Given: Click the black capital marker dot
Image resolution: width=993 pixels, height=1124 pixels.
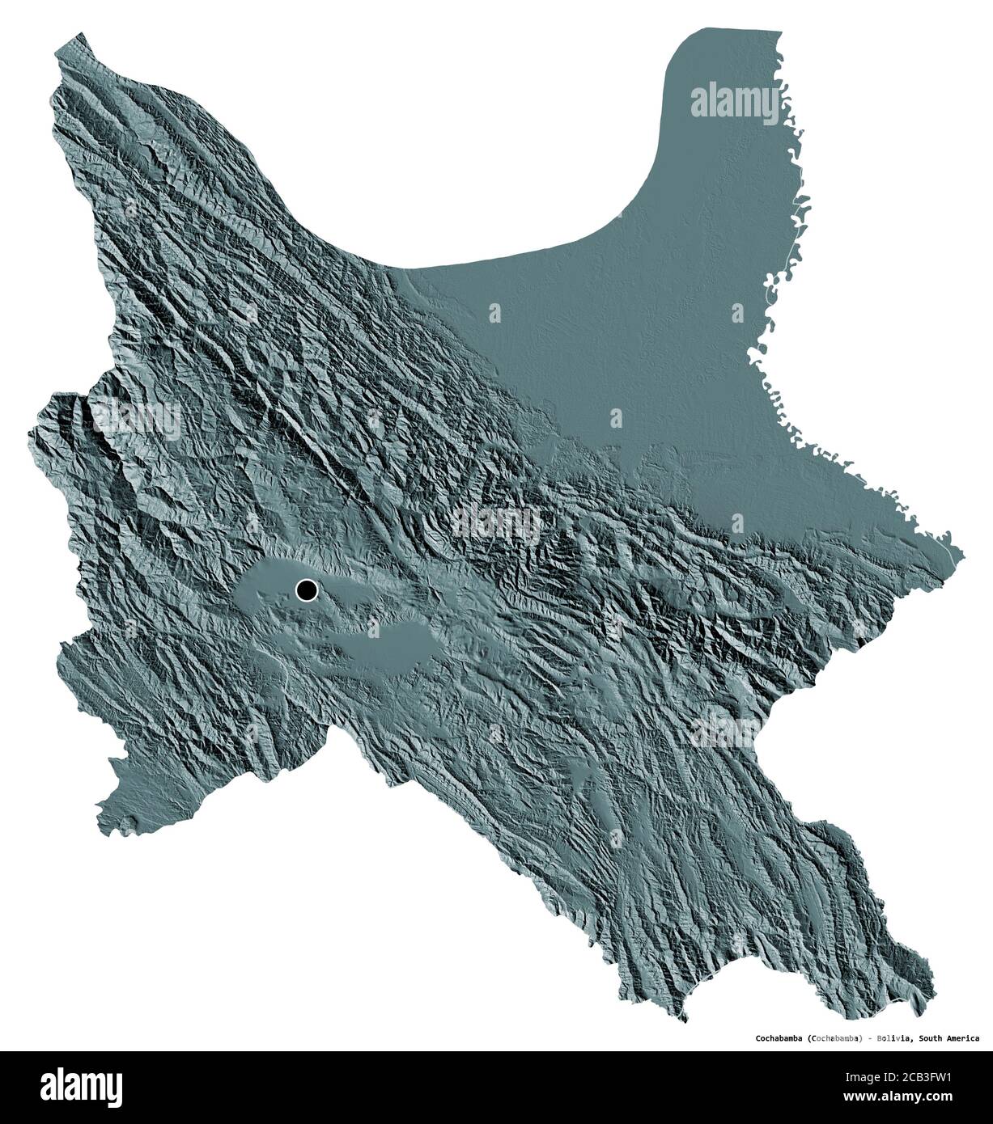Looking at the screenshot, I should (307, 591).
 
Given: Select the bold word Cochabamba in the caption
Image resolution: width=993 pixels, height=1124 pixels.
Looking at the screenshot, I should (779, 1038).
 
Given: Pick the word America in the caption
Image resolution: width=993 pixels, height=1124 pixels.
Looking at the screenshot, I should (965, 1038).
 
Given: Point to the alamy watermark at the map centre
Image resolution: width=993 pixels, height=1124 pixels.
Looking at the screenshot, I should (495, 521).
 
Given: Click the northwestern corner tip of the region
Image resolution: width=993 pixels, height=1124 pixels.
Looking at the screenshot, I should (75, 34).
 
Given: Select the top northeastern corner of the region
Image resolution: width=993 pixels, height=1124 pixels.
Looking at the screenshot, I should (779, 32).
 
